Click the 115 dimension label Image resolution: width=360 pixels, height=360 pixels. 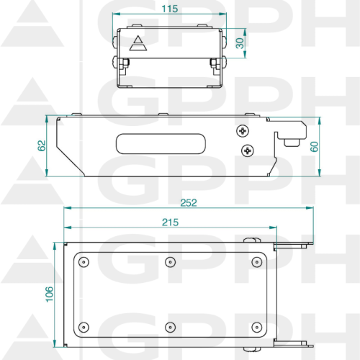[170, 9]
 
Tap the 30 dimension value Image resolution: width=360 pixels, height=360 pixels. [240, 43]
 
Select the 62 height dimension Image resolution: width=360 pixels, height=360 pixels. [42, 145]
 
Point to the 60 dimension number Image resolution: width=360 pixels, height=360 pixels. [314, 147]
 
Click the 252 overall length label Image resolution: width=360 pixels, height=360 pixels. [189, 203]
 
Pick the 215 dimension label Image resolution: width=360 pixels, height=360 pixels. [170, 222]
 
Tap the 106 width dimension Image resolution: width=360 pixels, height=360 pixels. [49, 294]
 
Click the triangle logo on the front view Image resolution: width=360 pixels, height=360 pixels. [138, 43]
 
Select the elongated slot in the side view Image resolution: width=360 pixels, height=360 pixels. [161, 144]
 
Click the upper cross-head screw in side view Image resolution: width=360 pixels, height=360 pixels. [243, 131]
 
